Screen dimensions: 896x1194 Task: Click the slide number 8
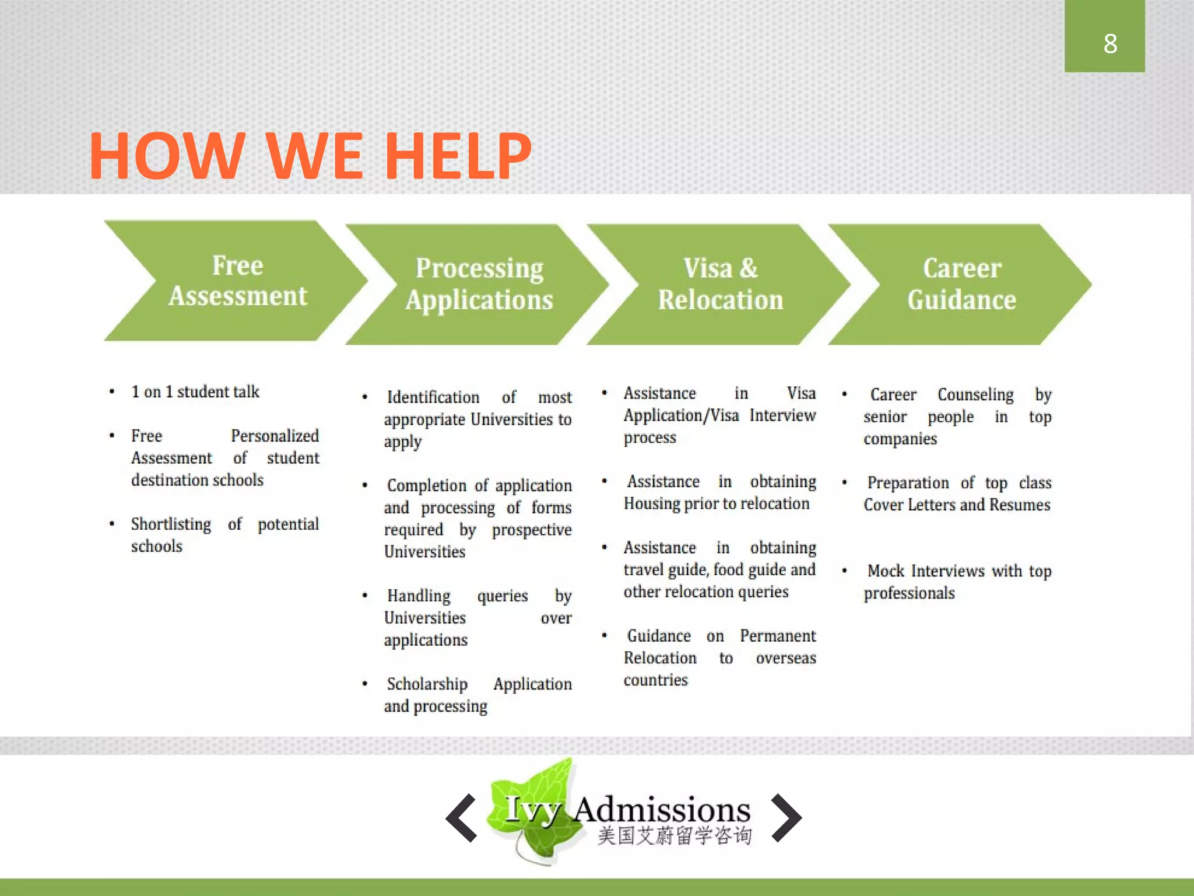1109,44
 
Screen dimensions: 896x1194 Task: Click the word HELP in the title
458,156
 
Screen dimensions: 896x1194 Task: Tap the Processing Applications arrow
479,284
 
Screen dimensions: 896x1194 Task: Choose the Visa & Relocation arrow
720,284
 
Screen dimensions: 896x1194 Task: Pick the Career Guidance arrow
961,284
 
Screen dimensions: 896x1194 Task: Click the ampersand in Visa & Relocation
749,268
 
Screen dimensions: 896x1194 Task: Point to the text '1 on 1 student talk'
195,391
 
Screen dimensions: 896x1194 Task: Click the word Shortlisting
171,524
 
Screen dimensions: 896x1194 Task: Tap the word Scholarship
427,684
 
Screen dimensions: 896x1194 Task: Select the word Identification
433,397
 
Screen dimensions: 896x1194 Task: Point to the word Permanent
778,636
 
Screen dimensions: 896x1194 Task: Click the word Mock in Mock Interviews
886,570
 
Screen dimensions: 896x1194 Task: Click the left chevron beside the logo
462,818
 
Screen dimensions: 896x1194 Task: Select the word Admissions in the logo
662,810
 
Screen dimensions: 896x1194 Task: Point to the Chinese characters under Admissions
675,836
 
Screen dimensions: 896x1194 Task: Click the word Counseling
975,394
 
